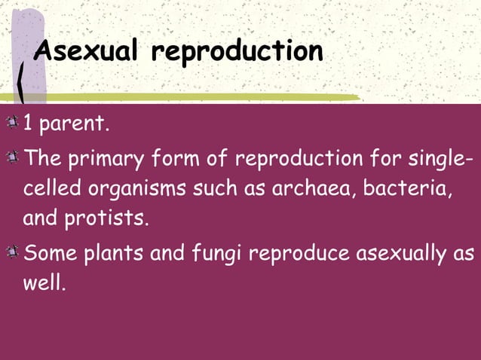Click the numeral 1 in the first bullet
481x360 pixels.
(x=29, y=123)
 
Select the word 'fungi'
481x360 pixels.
(x=216, y=252)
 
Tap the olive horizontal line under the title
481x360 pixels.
(x=188, y=97)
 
